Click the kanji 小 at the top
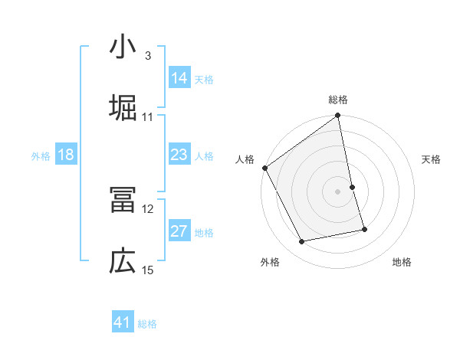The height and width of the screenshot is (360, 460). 123,48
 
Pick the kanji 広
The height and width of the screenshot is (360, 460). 123,261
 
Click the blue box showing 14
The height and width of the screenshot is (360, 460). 179,77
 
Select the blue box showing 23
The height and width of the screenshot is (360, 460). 179,154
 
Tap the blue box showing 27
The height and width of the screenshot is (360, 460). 179,231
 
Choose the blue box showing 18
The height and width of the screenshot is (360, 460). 66,155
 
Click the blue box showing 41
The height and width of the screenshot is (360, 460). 123,322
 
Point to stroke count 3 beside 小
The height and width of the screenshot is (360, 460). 147,56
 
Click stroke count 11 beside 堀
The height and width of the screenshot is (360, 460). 147,117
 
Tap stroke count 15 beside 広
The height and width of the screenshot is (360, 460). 148,270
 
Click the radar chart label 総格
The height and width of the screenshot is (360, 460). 338,100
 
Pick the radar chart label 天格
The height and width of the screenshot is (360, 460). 431,159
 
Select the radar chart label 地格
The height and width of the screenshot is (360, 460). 401,263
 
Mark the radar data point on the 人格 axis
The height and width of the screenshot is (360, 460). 264,168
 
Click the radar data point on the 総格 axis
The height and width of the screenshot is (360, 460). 338,116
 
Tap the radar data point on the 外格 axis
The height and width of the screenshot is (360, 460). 302,242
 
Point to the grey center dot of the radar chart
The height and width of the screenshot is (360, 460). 338,191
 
